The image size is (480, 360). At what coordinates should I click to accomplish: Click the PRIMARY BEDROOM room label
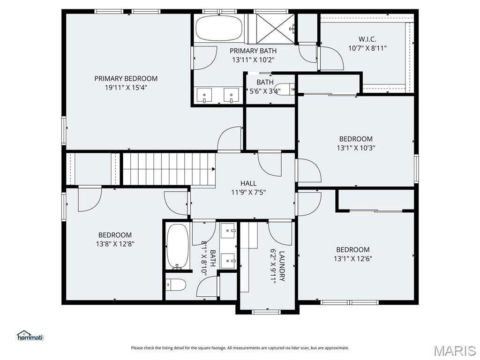[x=126, y=79]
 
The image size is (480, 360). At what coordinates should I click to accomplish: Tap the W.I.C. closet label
[x=367, y=39]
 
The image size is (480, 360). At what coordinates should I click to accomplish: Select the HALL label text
[x=248, y=183]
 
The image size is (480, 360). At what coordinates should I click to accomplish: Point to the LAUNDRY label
[x=282, y=266]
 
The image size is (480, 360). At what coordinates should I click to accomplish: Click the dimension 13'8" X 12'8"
[x=115, y=244]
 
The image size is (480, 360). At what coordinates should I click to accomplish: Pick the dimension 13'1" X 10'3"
[x=356, y=148]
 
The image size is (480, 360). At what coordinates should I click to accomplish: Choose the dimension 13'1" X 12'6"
[x=353, y=259]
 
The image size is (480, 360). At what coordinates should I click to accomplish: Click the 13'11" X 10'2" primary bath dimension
[x=253, y=60]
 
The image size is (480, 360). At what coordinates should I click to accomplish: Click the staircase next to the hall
[x=169, y=169]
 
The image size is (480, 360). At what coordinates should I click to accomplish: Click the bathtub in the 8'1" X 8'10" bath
[x=178, y=247]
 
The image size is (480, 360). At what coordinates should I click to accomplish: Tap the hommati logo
[x=30, y=336]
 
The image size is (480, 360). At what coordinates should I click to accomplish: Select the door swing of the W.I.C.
[x=331, y=58]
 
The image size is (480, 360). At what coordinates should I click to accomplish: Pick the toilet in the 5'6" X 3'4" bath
[x=285, y=89]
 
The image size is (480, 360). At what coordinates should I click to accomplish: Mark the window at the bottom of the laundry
[x=266, y=312]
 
